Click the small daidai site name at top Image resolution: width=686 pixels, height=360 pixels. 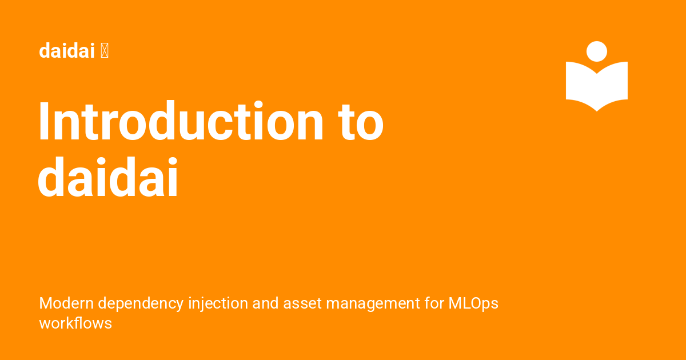tap(66, 51)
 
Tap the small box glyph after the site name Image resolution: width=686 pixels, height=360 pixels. tap(105, 51)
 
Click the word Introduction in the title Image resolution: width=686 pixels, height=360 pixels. tap(181, 122)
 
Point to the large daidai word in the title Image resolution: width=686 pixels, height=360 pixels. tap(109, 179)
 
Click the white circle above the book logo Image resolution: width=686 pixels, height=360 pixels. tap(597, 51)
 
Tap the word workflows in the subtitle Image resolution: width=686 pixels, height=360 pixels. tap(75, 323)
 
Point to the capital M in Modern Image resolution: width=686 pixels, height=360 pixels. tap(45, 303)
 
